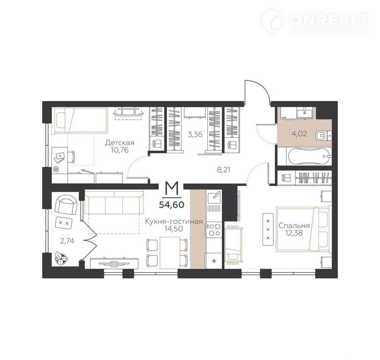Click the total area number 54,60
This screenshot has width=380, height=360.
[x=171, y=205]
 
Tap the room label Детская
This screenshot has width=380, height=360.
[x=120, y=143]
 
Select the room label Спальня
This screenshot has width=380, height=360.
[x=294, y=225]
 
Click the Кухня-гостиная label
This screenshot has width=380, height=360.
[x=174, y=222]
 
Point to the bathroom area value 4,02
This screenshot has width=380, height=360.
[x=299, y=133]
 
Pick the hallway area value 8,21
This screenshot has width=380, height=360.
[x=223, y=170]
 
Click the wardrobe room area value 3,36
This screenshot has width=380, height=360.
[x=195, y=134]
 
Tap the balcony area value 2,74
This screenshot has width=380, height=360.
[x=67, y=241]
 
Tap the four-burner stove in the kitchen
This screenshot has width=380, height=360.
[x=214, y=230]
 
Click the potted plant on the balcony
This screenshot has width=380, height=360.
[x=61, y=258]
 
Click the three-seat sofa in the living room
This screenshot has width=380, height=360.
[x=114, y=202]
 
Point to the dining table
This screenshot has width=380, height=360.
[x=170, y=252]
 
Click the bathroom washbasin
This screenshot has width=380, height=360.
[x=305, y=112]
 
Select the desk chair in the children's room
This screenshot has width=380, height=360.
[x=72, y=157]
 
